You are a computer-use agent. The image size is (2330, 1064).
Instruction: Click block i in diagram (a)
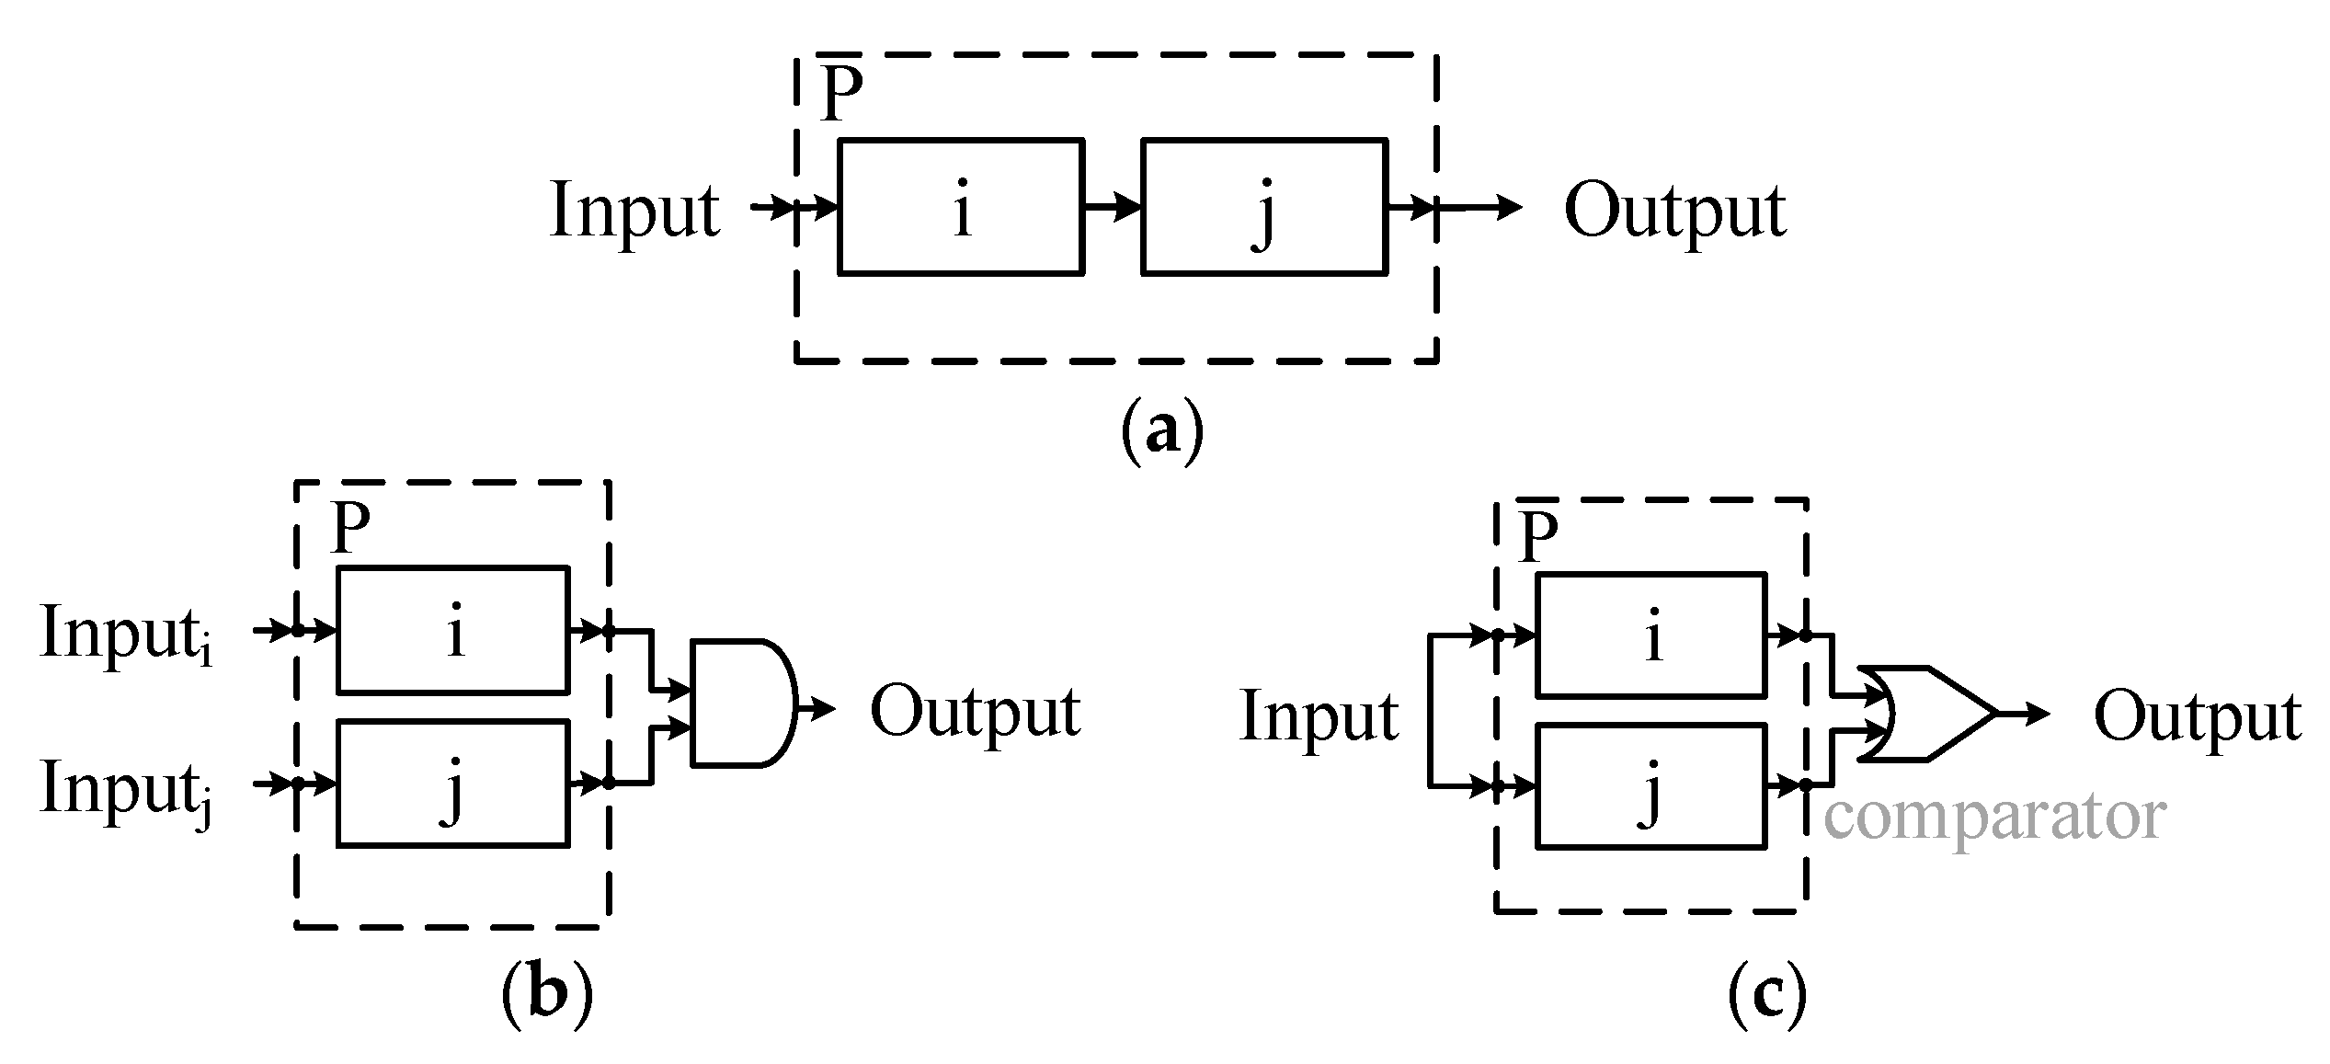tap(961, 207)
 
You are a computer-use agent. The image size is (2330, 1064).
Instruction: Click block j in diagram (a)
tap(1264, 207)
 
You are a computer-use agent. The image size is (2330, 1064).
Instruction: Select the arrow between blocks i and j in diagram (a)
tap(1113, 207)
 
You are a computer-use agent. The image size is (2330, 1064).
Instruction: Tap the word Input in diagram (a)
tap(634, 212)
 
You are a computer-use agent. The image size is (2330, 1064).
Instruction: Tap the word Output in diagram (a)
tap(1675, 212)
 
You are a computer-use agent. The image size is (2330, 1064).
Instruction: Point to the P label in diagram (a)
tap(841, 92)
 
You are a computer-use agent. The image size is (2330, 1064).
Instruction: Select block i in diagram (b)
tap(453, 631)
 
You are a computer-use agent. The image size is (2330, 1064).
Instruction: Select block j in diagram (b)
tap(453, 784)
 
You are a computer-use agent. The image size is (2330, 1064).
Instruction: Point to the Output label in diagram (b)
tap(975, 713)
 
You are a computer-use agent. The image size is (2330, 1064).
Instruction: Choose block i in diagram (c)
tap(1651, 635)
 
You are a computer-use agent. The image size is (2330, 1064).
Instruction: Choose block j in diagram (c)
tap(1651, 787)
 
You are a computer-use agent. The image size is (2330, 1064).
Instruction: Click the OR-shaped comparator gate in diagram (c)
tap(1922, 713)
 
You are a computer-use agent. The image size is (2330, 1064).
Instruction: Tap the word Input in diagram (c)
tap(1319, 717)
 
